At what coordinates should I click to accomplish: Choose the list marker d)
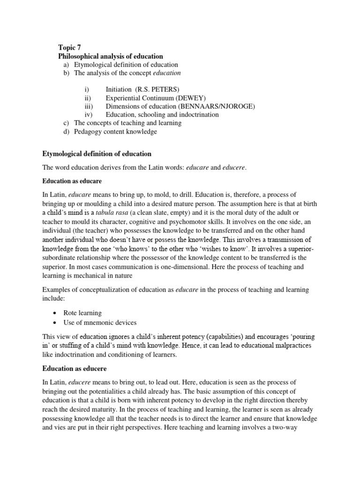pyautogui.click(x=66, y=132)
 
